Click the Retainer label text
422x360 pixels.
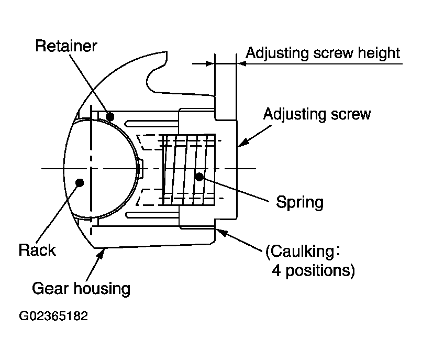(x=66, y=46)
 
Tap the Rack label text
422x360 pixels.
(x=37, y=250)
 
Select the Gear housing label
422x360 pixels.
(x=81, y=289)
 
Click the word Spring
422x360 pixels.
(x=299, y=202)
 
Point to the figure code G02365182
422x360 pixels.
(x=53, y=316)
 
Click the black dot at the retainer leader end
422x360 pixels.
(x=110, y=117)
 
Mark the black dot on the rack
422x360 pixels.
(x=80, y=182)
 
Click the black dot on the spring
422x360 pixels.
(x=199, y=177)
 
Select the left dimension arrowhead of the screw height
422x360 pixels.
(x=210, y=64)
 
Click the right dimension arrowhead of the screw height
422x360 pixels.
(x=242, y=64)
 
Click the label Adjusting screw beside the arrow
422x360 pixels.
(x=317, y=114)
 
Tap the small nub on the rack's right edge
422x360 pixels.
(x=141, y=169)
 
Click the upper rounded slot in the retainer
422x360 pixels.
(x=152, y=124)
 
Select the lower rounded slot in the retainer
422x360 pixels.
(x=152, y=215)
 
